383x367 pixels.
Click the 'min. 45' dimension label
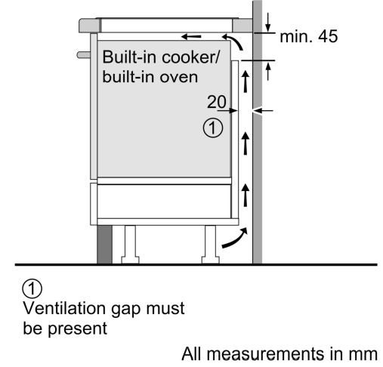308,36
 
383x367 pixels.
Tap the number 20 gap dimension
217,102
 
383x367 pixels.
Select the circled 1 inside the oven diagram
213,128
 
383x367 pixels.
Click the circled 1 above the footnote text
32,288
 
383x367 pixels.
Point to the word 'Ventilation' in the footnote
64,308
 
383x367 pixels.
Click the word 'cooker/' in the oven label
191,57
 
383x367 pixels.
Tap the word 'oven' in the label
179,77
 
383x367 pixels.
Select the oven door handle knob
84,55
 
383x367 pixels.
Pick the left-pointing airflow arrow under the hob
191,37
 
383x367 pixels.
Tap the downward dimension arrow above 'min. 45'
268,22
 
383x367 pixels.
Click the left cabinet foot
130,245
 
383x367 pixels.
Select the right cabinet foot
211,245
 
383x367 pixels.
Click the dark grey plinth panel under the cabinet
104,245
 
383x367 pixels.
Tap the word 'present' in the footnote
77,329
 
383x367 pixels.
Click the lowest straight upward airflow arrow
246,195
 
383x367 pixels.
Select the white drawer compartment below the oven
164,202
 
